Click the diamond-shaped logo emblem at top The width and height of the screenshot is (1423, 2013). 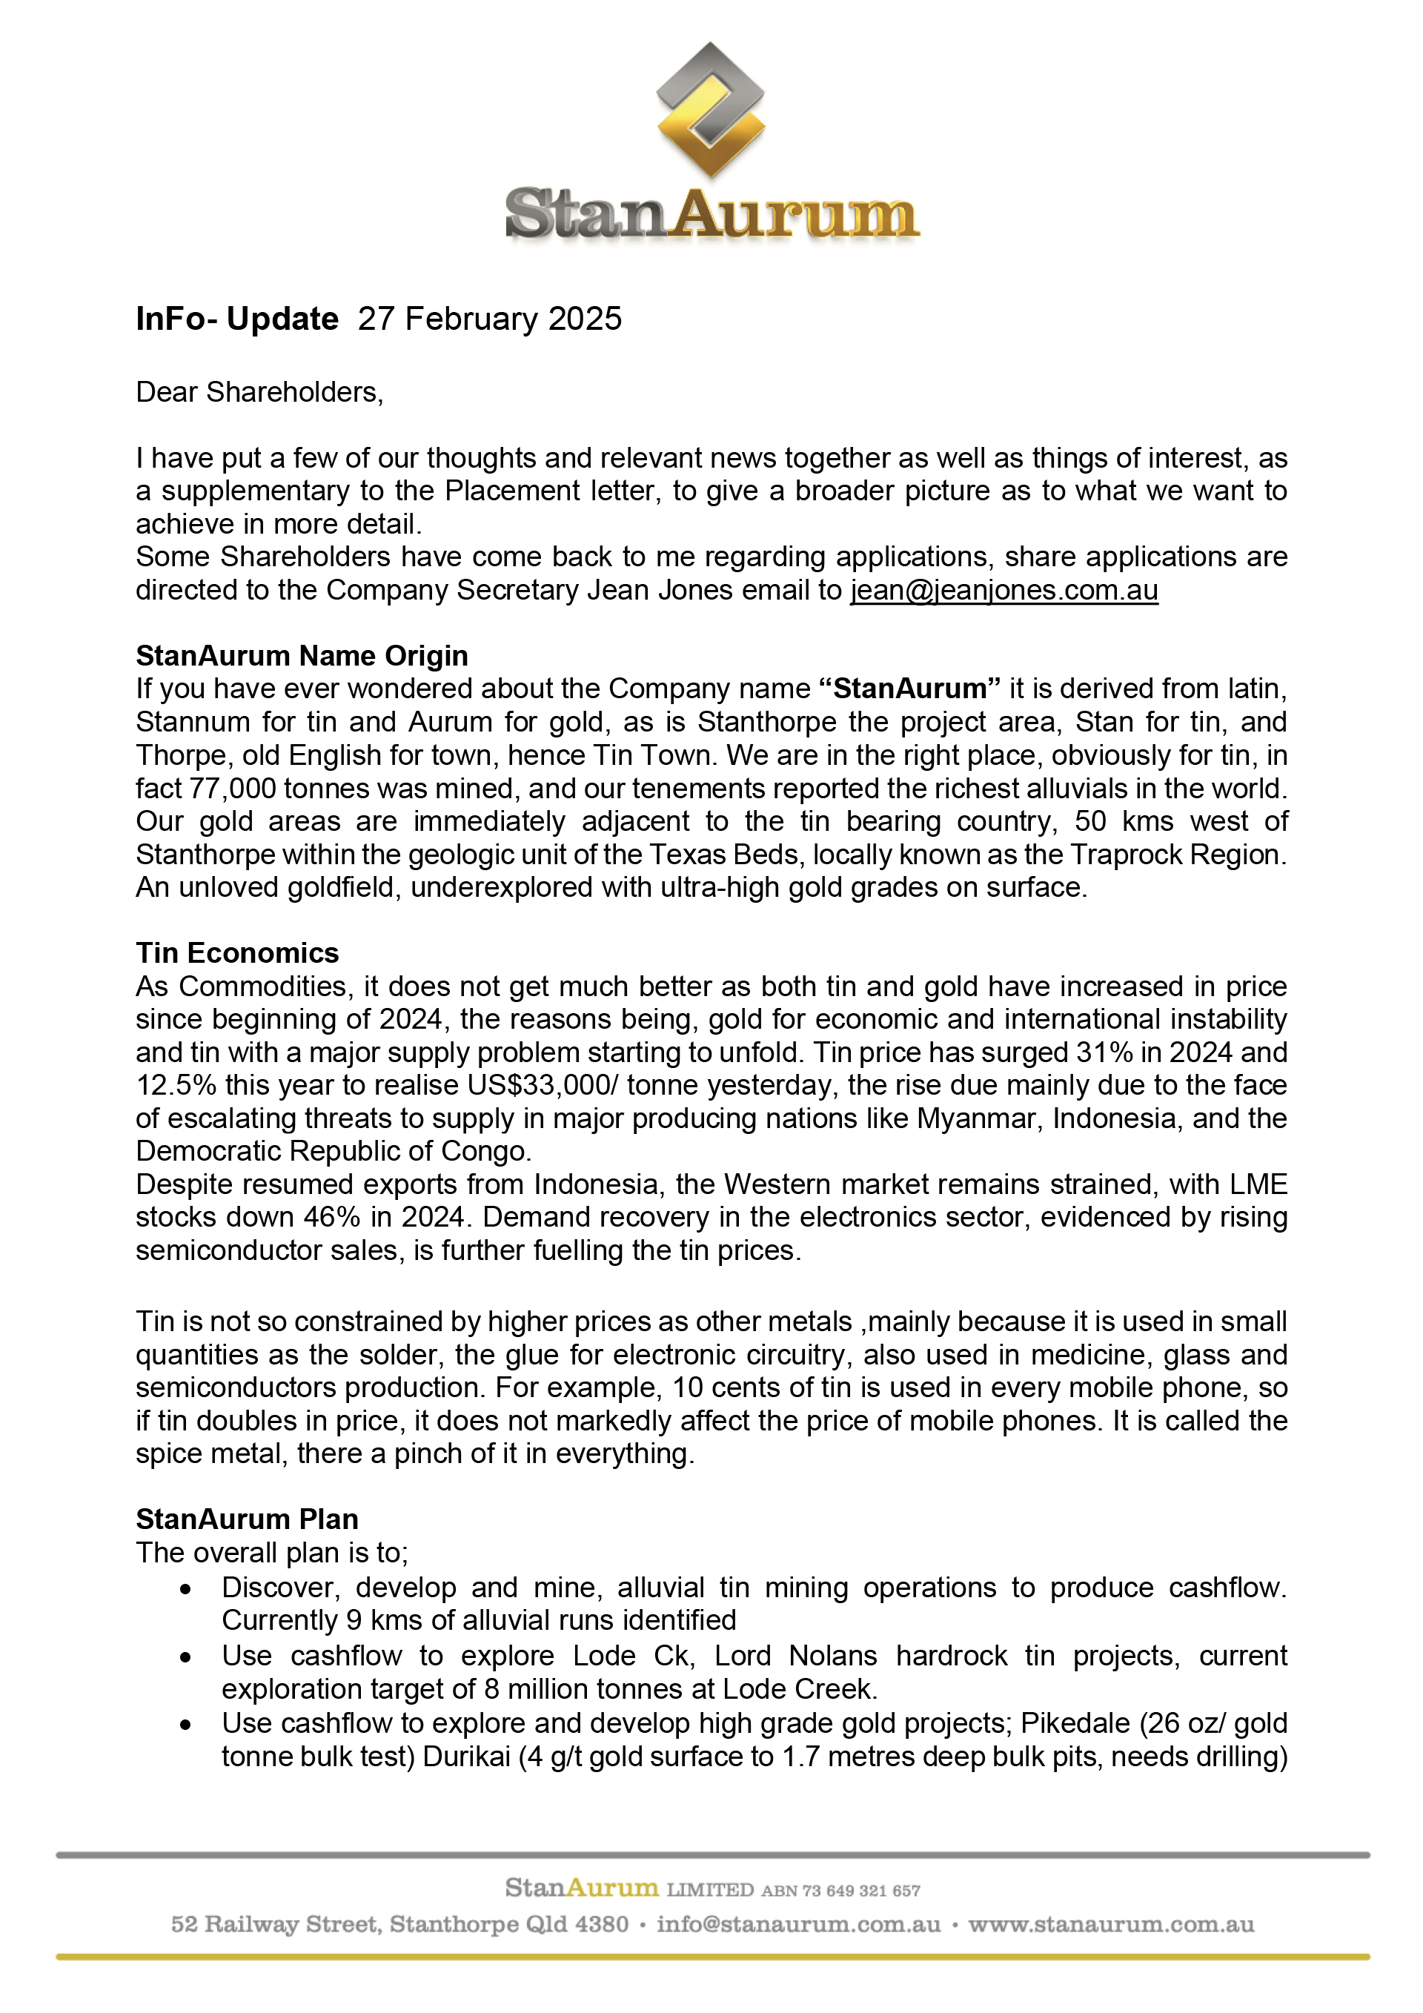click(710, 110)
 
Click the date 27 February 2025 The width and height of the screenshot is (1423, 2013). click(489, 318)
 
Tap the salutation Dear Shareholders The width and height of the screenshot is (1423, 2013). click(259, 392)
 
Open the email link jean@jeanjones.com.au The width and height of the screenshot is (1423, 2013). click(1004, 590)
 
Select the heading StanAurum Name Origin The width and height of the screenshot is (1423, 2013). click(302, 656)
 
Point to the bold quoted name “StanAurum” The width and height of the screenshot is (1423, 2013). click(910, 689)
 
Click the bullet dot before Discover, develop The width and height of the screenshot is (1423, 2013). click(185, 1588)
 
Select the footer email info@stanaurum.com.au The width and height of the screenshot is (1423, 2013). click(798, 1925)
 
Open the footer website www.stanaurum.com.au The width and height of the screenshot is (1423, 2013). click(1111, 1925)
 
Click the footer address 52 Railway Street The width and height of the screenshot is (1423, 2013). click(276, 1925)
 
